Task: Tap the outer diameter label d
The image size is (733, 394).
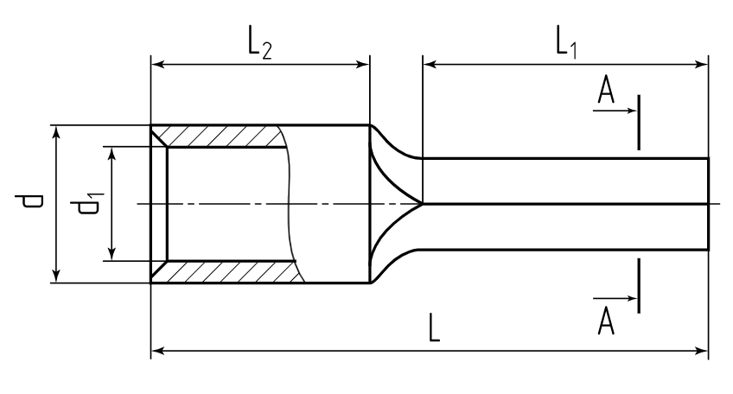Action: [32, 203]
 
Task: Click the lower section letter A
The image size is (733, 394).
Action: [607, 321]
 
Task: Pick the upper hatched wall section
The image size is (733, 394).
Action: [220, 137]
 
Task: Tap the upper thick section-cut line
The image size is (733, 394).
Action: [639, 123]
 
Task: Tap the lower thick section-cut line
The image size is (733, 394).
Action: [639, 285]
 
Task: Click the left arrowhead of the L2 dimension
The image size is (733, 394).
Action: [157, 63]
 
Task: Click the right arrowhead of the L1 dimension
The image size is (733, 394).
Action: [702, 63]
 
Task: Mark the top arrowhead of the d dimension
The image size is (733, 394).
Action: [56, 132]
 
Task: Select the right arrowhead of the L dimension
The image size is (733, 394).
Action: [702, 351]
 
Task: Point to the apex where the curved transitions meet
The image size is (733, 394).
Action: [422, 204]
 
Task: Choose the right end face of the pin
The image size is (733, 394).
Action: [708, 204]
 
